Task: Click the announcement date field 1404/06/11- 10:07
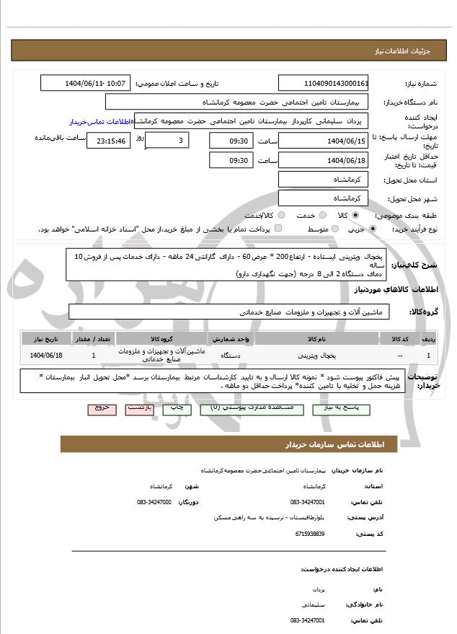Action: click(x=86, y=84)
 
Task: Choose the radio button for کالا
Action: click(x=356, y=215)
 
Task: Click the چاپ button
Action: click(x=176, y=408)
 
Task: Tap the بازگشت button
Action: click(x=138, y=408)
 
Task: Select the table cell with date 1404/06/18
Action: click(x=47, y=355)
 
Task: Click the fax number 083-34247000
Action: click(x=154, y=501)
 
